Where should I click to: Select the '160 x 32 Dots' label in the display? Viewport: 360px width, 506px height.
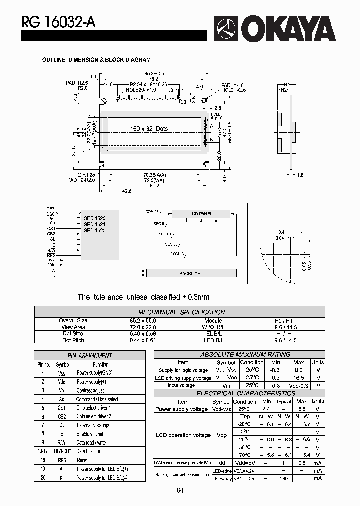[x=149, y=129]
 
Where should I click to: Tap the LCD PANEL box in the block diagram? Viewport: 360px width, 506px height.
[x=201, y=214]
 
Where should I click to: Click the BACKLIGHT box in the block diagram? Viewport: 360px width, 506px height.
[x=191, y=274]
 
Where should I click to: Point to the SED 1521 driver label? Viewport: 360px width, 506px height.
[x=94, y=224]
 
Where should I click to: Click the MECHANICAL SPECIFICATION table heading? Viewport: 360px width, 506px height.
[x=181, y=312]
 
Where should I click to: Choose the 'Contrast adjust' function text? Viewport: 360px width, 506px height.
[x=90, y=391]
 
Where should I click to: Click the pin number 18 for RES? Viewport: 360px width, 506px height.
[x=43, y=460]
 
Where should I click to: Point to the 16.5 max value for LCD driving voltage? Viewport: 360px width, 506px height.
[x=299, y=378]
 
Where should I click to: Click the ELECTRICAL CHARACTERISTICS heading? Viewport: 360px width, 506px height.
[x=239, y=393]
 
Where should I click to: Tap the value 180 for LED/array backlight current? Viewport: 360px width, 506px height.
[x=284, y=478]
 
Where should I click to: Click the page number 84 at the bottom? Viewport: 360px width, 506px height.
[x=180, y=490]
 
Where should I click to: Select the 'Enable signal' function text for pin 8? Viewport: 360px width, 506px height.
[x=90, y=434]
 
